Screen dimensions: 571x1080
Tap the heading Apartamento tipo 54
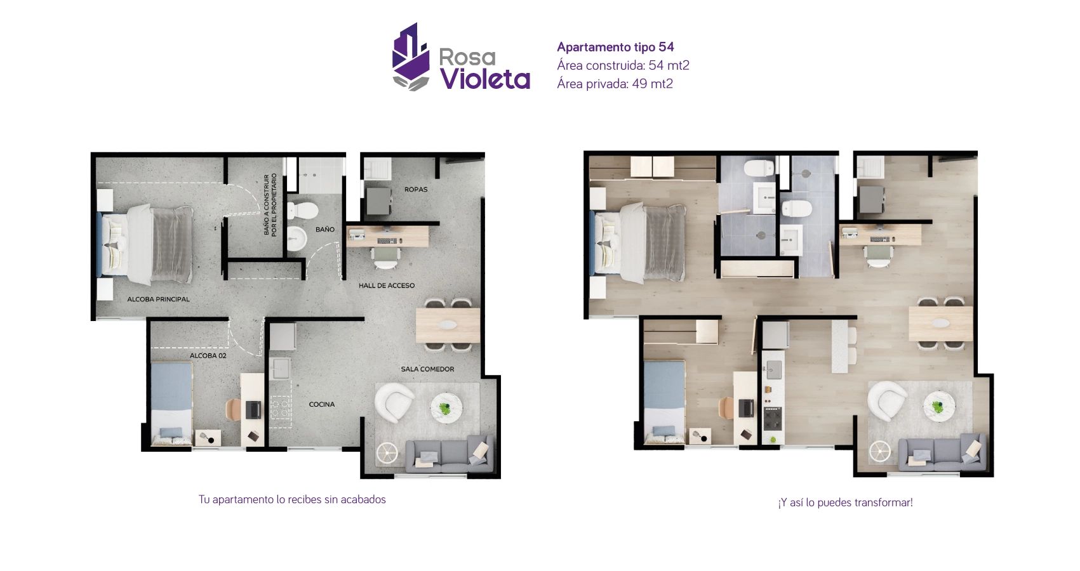click(x=615, y=47)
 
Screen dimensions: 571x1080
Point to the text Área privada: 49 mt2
click(x=614, y=84)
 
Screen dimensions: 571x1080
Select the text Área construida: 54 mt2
click(x=622, y=65)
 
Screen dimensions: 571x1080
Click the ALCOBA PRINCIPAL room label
click(x=158, y=299)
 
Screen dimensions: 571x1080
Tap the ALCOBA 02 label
click(x=208, y=355)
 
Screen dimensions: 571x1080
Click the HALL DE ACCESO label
click(x=386, y=285)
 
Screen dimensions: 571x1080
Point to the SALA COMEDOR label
click(x=427, y=369)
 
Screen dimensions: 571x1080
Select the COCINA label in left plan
click(x=321, y=404)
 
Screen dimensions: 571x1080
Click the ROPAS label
click(x=416, y=189)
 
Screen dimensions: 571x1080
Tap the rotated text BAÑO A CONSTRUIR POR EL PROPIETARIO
click(x=270, y=205)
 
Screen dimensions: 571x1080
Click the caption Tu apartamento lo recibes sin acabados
click(x=292, y=499)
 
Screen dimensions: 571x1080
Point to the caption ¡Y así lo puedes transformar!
click(x=845, y=502)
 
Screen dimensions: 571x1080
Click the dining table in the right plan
click(x=940, y=324)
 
